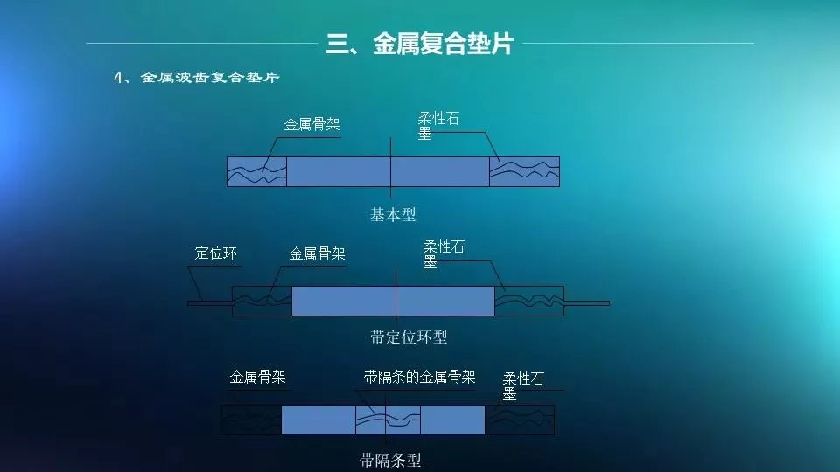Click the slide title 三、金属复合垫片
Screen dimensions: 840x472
pyautogui.click(x=419, y=44)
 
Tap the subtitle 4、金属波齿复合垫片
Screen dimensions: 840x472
pyautogui.click(x=197, y=78)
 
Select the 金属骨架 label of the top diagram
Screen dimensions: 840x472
pyautogui.click(x=311, y=125)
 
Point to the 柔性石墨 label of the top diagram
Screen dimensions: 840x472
pyautogui.click(x=438, y=126)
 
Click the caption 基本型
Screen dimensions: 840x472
pyautogui.click(x=393, y=215)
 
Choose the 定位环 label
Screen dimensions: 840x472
pyautogui.click(x=215, y=253)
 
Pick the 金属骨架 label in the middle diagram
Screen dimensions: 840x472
pyautogui.click(x=317, y=253)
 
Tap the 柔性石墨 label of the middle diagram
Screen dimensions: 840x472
pyautogui.click(x=444, y=254)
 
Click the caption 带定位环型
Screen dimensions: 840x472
pyautogui.click(x=409, y=337)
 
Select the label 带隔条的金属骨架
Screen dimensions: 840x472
pyautogui.click(x=419, y=378)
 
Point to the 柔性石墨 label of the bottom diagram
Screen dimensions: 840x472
pyautogui.click(x=523, y=386)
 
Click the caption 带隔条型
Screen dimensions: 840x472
pyautogui.click(x=390, y=461)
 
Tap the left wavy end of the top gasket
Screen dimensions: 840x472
pyautogui.click(x=256, y=172)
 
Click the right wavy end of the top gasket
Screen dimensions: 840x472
pyautogui.click(x=524, y=172)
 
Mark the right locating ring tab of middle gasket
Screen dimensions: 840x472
pyautogui.click(x=586, y=303)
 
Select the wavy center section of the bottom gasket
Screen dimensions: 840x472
pyautogui.click(x=388, y=420)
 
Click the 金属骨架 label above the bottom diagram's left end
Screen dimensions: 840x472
pyautogui.click(x=257, y=378)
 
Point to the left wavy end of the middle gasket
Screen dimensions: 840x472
pyautogui.click(x=262, y=301)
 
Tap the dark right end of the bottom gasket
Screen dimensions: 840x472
pyautogui.click(x=520, y=420)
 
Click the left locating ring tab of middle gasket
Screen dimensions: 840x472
pyautogui.click(x=210, y=304)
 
